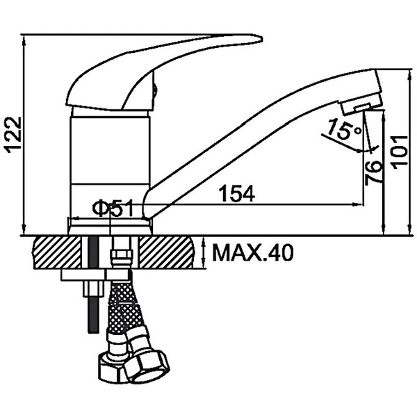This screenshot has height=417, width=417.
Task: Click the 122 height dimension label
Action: (13, 135)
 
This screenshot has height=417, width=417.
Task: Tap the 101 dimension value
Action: (400, 152)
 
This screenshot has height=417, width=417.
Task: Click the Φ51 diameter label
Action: (113, 207)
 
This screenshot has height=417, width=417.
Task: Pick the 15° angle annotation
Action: (344, 129)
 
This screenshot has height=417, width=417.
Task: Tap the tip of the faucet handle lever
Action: (262, 40)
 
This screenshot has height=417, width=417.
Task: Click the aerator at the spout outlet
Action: (355, 108)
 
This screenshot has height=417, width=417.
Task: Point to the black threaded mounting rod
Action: (93, 284)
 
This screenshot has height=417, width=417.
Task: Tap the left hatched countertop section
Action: (57, 252)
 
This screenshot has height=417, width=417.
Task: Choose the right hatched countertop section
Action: (167, 252)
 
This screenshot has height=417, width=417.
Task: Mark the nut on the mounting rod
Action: (93, 288)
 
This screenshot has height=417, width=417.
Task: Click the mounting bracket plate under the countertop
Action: (95, 275)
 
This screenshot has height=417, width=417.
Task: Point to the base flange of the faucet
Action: (110, 227)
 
